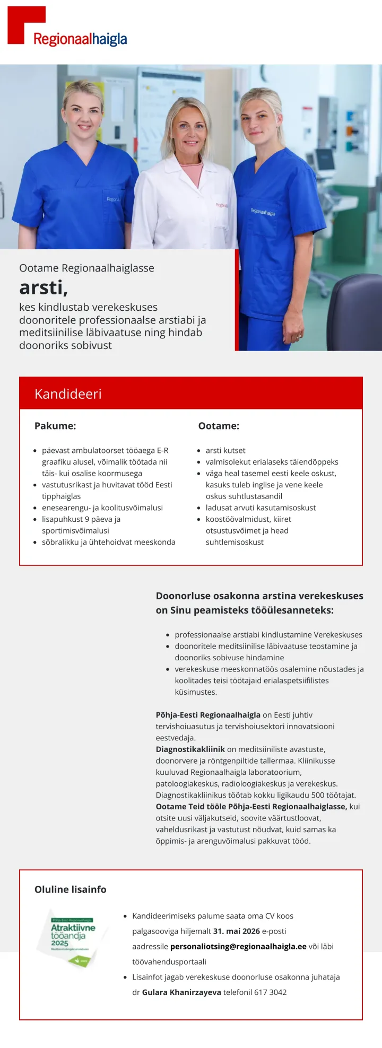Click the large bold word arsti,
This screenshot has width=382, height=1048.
[44, 287]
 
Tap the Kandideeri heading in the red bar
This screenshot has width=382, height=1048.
[68, 394]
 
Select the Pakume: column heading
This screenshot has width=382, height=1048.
[55, 426]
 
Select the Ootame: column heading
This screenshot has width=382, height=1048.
[219, 426]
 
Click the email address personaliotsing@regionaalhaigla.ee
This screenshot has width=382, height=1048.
[238, 947]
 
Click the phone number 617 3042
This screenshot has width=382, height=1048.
[271, 992]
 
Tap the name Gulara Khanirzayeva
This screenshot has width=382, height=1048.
[181, 992]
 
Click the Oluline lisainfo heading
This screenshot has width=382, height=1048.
[71, 889]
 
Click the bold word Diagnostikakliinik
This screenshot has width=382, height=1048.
[190, 749]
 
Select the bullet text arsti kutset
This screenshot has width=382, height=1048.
[225, 450]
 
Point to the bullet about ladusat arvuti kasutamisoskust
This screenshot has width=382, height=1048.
[261, 508]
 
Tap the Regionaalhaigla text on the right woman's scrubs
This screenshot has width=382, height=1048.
[263, 212]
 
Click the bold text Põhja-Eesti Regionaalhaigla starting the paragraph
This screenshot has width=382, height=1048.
[208, 715]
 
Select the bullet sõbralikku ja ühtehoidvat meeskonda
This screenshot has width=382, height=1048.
[108, 542]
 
